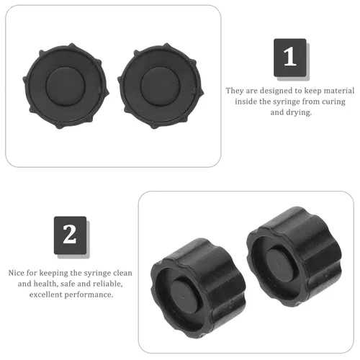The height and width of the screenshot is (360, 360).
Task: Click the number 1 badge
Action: pos(290,58)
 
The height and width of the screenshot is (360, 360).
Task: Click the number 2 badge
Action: pos(70,235)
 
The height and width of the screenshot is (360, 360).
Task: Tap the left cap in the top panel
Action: pos(66,86)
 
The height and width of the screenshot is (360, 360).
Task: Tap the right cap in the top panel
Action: pos(161,86)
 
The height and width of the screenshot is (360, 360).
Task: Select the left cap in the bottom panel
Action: pos(198,288)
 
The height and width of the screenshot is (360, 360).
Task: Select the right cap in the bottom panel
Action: pos(294,257)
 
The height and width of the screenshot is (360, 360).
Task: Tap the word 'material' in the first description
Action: pos(339,91)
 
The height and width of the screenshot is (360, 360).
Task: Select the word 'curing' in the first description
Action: pos(333,102)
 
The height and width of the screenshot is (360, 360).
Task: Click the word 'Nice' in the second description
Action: pos(16,273)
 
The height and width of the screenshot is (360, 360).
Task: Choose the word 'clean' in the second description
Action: pos(122,273)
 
